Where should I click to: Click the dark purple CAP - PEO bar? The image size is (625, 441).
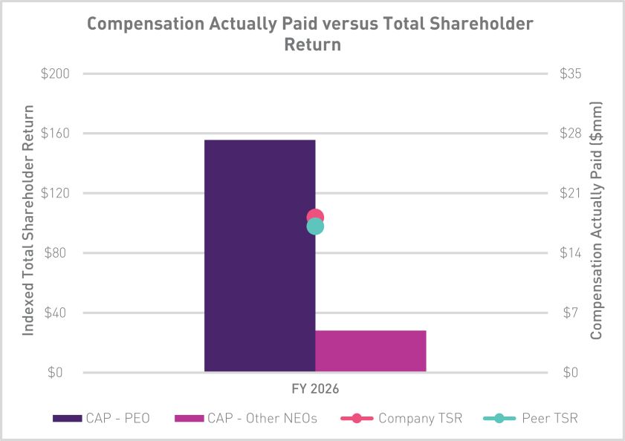coord(260,255)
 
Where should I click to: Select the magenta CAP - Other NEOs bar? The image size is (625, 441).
coord(371,351)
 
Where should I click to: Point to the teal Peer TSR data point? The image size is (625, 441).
coord(315,226)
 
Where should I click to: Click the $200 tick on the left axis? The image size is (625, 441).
coord(55,73)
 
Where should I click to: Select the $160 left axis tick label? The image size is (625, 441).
coord(55,134)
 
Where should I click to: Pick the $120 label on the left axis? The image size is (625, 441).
coord(55,193)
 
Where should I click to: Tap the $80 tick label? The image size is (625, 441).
coord(55,253)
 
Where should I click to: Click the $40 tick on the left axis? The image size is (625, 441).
coord(55,313)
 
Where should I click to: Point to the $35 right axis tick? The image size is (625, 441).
coord(571,73)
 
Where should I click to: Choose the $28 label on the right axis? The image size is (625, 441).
coord(571,134)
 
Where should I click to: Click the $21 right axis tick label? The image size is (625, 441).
coord(570,193)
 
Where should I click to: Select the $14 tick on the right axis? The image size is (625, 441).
coord(571,253)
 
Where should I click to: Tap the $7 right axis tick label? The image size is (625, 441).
coord(571,313)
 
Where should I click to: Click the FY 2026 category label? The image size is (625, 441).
coord(315,388)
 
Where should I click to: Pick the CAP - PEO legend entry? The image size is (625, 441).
coord(101,418)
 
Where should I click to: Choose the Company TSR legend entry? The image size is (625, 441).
coord(401,418)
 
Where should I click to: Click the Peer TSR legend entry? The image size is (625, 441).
coord(530,418)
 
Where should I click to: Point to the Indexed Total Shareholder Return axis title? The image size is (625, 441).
coord(27,220)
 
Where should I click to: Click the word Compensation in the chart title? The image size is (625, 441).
coord(146,24)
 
